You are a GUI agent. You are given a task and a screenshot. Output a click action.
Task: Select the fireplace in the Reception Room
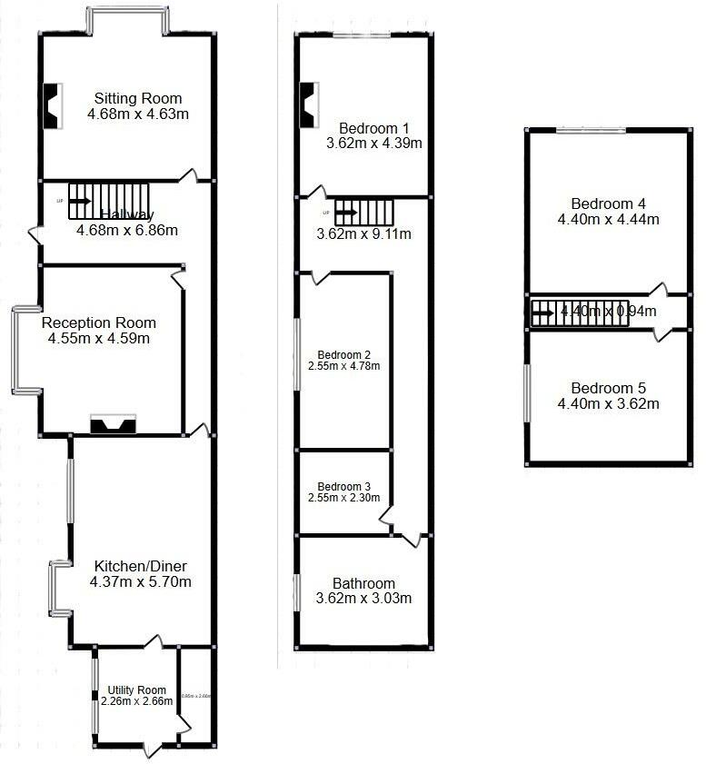coord(113,424)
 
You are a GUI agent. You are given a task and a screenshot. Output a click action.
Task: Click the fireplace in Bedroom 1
coord(309,104)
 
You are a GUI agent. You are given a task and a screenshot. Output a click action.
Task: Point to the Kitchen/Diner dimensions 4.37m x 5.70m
coord(140,580)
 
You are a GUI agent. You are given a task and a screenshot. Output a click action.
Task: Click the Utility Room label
coord(136,690)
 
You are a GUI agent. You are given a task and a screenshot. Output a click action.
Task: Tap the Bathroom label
coord(363,583)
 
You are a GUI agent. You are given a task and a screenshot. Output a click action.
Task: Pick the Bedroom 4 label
coord(608,203)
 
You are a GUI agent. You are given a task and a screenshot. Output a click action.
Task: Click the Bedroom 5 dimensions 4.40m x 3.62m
coord(608,403)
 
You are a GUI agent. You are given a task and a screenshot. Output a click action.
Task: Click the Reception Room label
coord(98,322)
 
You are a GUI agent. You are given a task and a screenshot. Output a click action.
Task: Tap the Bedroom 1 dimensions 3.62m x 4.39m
coord(373,143)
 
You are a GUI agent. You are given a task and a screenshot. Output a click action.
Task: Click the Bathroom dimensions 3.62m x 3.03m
coord(363,599)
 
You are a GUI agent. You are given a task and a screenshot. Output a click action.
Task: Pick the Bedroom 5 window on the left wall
coord(527,392)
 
